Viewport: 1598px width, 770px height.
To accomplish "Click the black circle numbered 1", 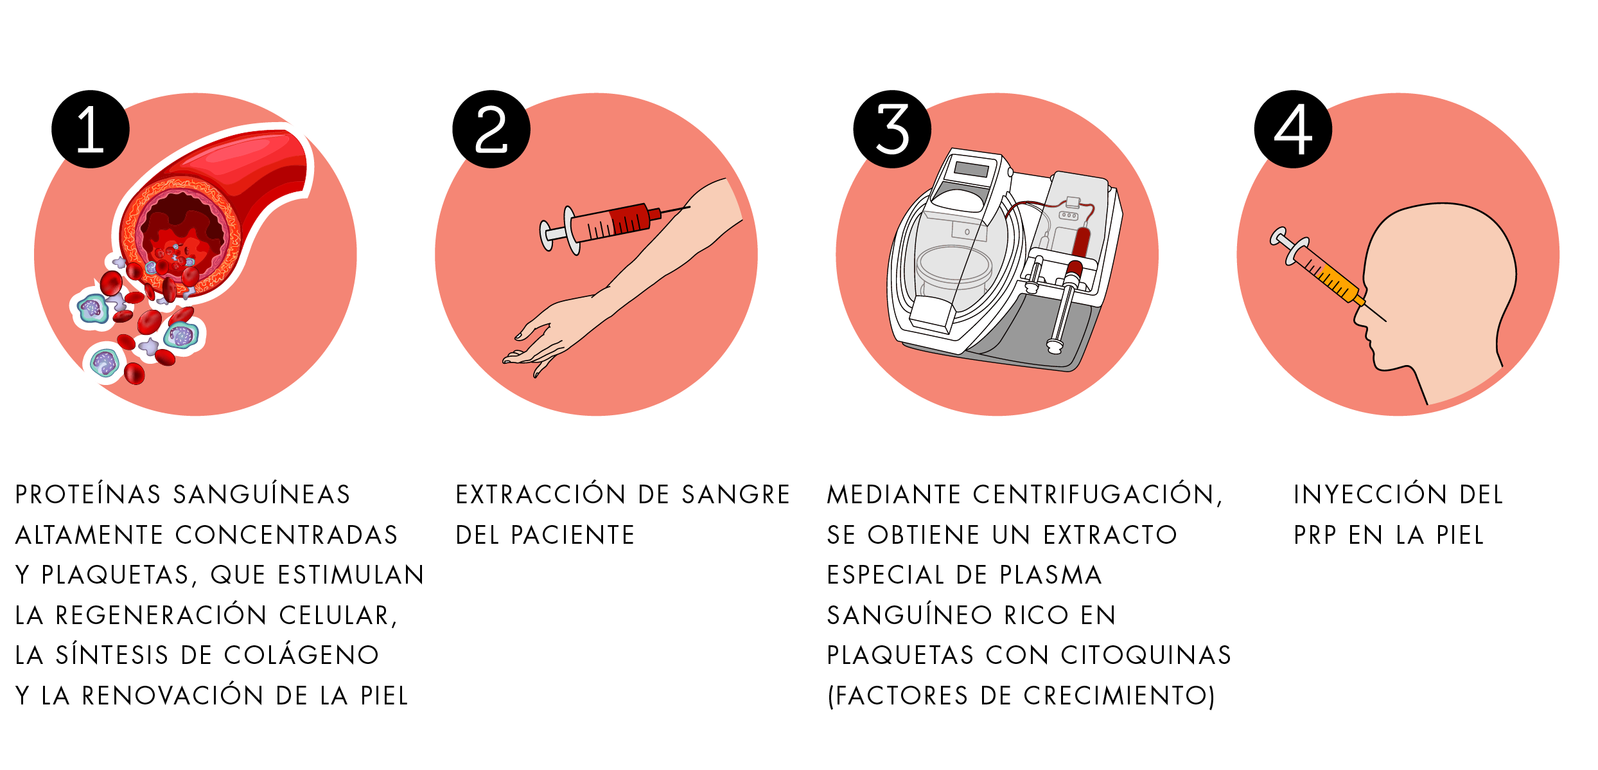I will coord(91,129).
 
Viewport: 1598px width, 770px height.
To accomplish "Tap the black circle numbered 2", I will coord(491,129).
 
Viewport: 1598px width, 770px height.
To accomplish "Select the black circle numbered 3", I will coord(892,129).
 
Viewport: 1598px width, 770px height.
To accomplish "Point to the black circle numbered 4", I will coord(1293,129).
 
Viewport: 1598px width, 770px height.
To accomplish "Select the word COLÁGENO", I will coord(302,656).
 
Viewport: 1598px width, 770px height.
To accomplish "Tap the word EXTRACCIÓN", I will coord(540,495).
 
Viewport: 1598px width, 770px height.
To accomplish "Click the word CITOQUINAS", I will coord(1146,656).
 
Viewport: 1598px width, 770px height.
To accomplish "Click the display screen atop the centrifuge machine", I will coord(971,170).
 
